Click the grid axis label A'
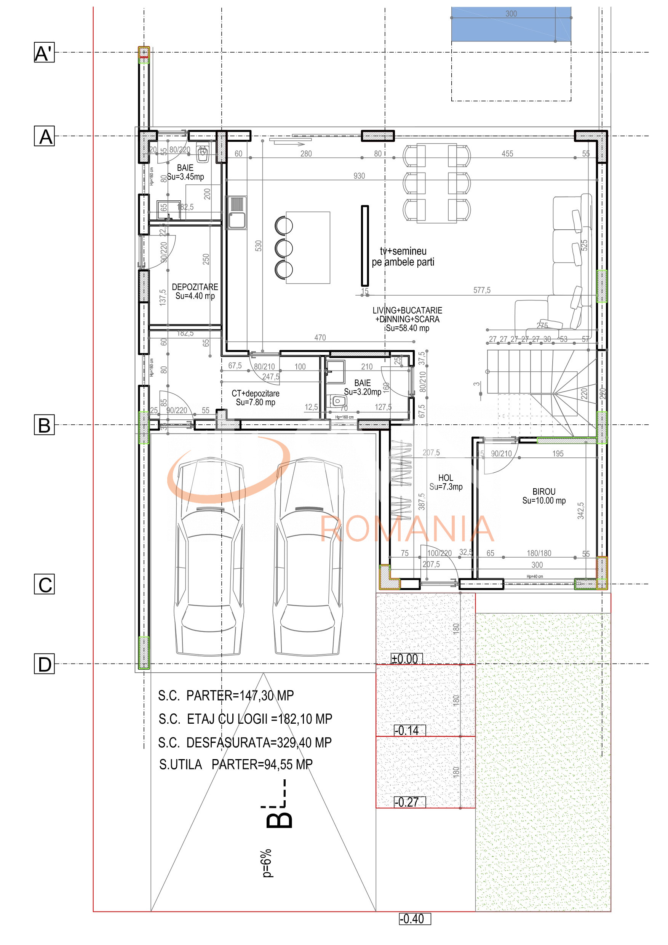pyautogui.click(x=44, y=52)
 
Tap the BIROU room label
pyautogui.click(x=544, y=496)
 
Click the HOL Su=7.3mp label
pyautogui.click(x=446, y=482)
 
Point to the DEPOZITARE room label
pyautogui.click(x=195, y=291)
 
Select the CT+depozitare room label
pyautogui.click(x=255, y=398)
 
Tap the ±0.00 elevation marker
pyautogui.click(x=406, y=659)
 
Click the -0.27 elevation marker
pyautogui.click(x=408, y=802)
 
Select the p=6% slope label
pyautogui.click(x=267, y=863)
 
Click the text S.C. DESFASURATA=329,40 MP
pyautogui.click(x=245, y=742)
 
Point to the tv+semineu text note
pyautogui.click(x=403, y=256)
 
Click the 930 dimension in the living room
pyautogui.click(x=359, y=176)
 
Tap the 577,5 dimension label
pyautogui.click(x=481, y=290)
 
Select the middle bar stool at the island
pyautogui.click(x=284, y=248)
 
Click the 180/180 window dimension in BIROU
pyautogui.click(x=539, y=553)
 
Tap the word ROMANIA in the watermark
pyautogui.click(x=407, y=529)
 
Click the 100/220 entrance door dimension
pyautogui.click(x=439, y=553)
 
